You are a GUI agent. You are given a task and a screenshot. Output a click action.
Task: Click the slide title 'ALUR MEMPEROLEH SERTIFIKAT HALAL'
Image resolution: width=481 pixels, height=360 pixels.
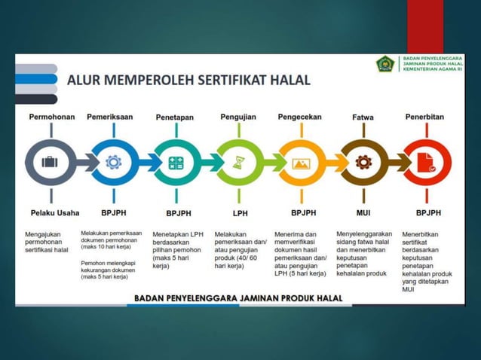tap(188, 80)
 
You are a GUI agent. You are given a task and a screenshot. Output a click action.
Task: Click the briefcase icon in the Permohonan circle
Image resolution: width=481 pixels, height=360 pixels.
tap(50, 162)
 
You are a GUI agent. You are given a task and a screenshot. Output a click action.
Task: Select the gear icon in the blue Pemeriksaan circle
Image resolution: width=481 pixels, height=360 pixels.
tap(113, 162)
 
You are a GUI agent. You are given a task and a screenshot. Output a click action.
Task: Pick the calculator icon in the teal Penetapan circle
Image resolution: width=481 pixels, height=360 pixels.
tap(176, 162)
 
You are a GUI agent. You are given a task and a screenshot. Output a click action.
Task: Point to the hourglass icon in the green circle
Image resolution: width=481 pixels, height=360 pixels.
tap(238, 162)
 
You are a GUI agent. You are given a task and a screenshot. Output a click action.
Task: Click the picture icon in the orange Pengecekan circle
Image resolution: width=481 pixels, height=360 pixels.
tap(301, 162)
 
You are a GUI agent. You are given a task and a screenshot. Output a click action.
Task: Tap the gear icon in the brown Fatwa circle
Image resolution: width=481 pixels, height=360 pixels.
tap(363, 162)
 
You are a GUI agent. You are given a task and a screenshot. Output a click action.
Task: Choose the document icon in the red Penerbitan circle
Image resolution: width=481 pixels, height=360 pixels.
tap(425, 162)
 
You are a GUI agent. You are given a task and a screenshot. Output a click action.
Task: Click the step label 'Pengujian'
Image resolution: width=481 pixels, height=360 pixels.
tap(238, 117)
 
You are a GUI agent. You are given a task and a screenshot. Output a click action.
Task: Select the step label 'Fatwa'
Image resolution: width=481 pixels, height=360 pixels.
tap(363, 117)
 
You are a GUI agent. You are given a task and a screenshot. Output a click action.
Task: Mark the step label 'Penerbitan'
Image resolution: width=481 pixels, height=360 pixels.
tap(424, 117)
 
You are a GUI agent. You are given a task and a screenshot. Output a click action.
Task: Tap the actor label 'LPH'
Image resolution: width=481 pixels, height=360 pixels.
tap(238, 213)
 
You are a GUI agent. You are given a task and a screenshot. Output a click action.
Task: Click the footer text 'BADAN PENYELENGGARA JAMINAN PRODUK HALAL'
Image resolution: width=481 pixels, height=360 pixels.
tap(238, 298)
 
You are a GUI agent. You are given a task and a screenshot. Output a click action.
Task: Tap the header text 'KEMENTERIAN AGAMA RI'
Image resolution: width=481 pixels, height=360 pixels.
tap(433, 69)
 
